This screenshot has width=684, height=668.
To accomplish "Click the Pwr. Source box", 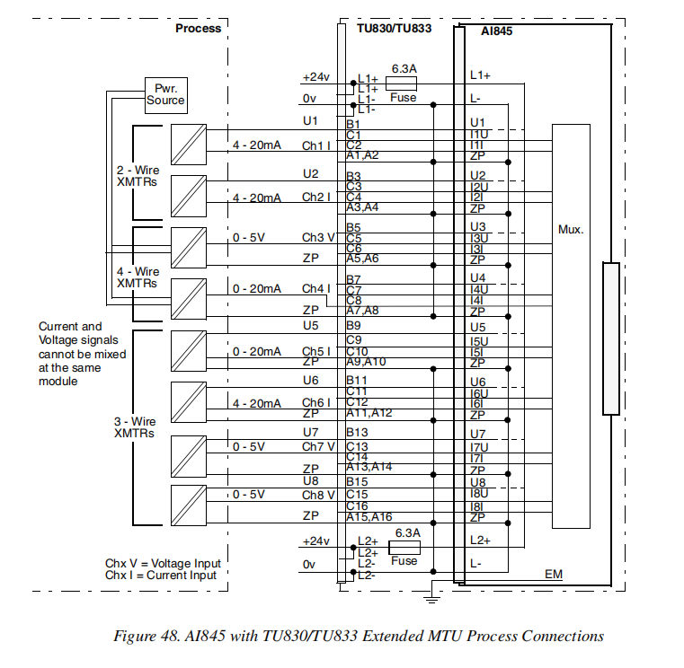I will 165,93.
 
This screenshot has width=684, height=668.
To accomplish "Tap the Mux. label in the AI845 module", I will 571,229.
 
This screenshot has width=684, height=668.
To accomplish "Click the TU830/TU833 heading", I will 394,29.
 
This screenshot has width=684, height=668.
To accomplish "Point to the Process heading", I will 198,28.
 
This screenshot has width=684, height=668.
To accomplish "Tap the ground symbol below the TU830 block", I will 433,594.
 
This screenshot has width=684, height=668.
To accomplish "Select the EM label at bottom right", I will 554,574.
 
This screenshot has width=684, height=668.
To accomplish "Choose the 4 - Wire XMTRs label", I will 138,277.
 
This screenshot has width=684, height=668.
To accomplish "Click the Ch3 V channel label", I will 318,237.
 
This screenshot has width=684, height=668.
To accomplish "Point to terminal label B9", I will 353,325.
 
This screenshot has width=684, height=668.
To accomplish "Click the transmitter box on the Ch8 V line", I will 188,501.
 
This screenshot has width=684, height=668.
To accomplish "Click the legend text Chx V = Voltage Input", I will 163,563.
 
